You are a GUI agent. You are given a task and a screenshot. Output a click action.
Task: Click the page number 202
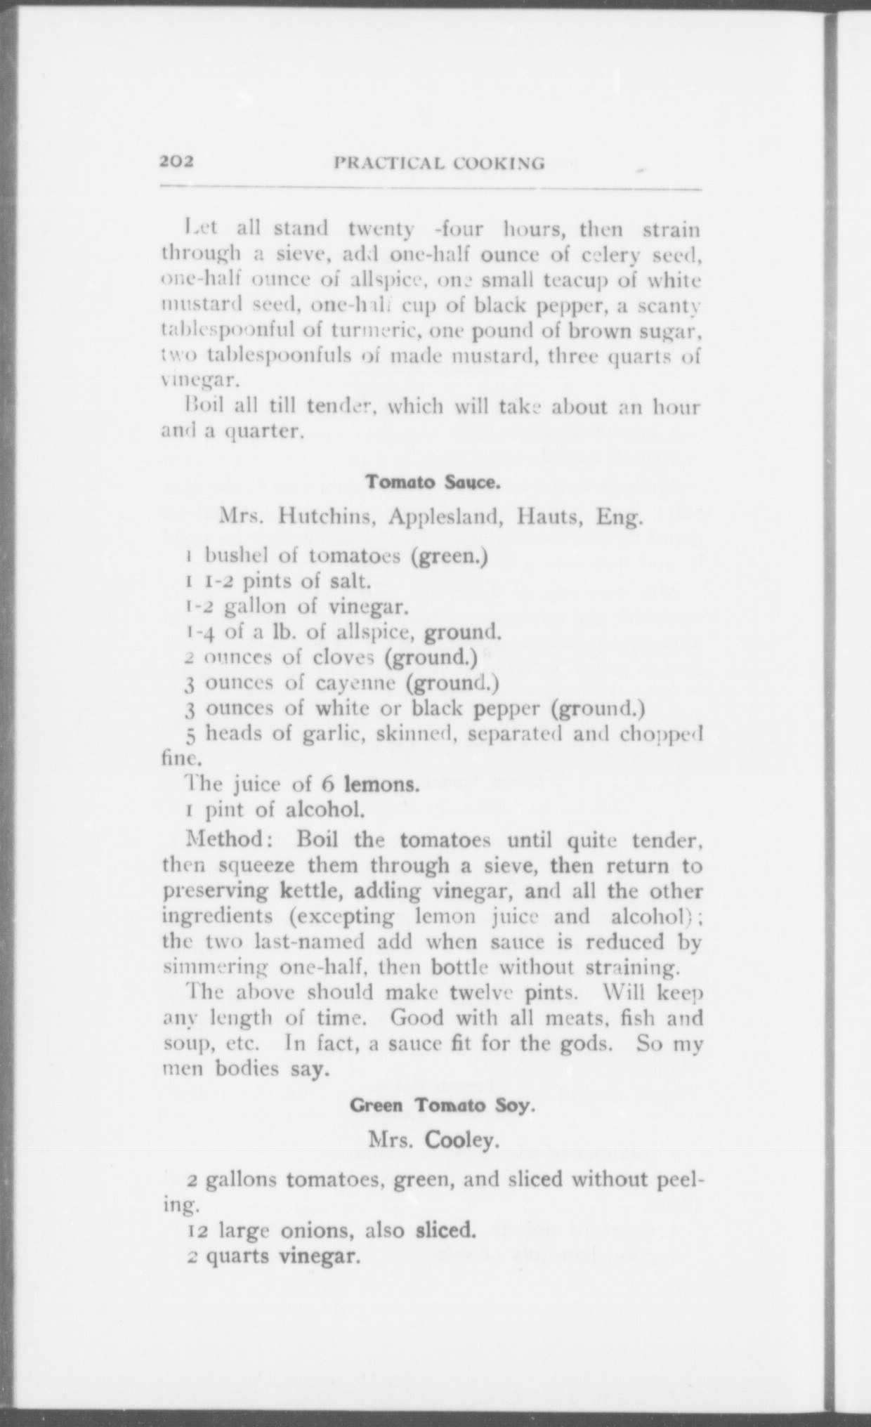coord(176,163)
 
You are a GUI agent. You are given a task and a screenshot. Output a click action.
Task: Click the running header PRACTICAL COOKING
coord(439,164)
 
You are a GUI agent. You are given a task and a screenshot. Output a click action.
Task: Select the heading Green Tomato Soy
coord(443,1105)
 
